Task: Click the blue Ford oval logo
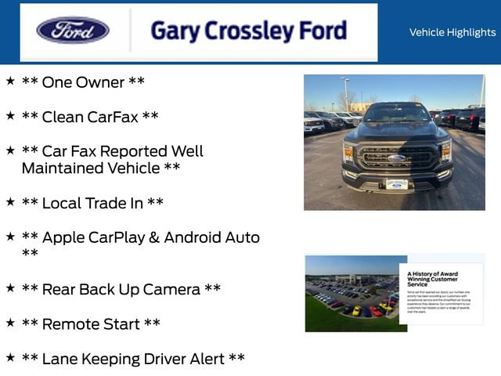pyautogui.click(x=73, y=31)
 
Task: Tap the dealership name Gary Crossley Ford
pyautogui.click(x=248, y=31)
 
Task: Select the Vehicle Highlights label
pyautogui.click(x=452, y=32)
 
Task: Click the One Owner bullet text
pyautogui.click(x=83, y=82)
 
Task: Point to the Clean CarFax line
pyautogui.click(x=90, y=117)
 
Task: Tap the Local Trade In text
pyautogui.click(x=92, y=203)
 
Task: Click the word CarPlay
pyautogui.click(x=132, y=237)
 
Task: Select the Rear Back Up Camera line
pyautogui.click(x=121, y=289)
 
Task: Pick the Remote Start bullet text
pyautogui.click(x=91, y=324)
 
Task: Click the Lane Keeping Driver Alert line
pyautogui.click(x=133, y=359)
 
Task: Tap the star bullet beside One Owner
pyautogui.click(x=10, y=81)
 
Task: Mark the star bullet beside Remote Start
pyautogui.click(x=10, y=322)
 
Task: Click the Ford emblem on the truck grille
pyautogui.click(x=396, y=157)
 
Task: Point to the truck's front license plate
pyautogui.click(x=396, y=184)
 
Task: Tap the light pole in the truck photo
pyautogui.click(x=347, y=92)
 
